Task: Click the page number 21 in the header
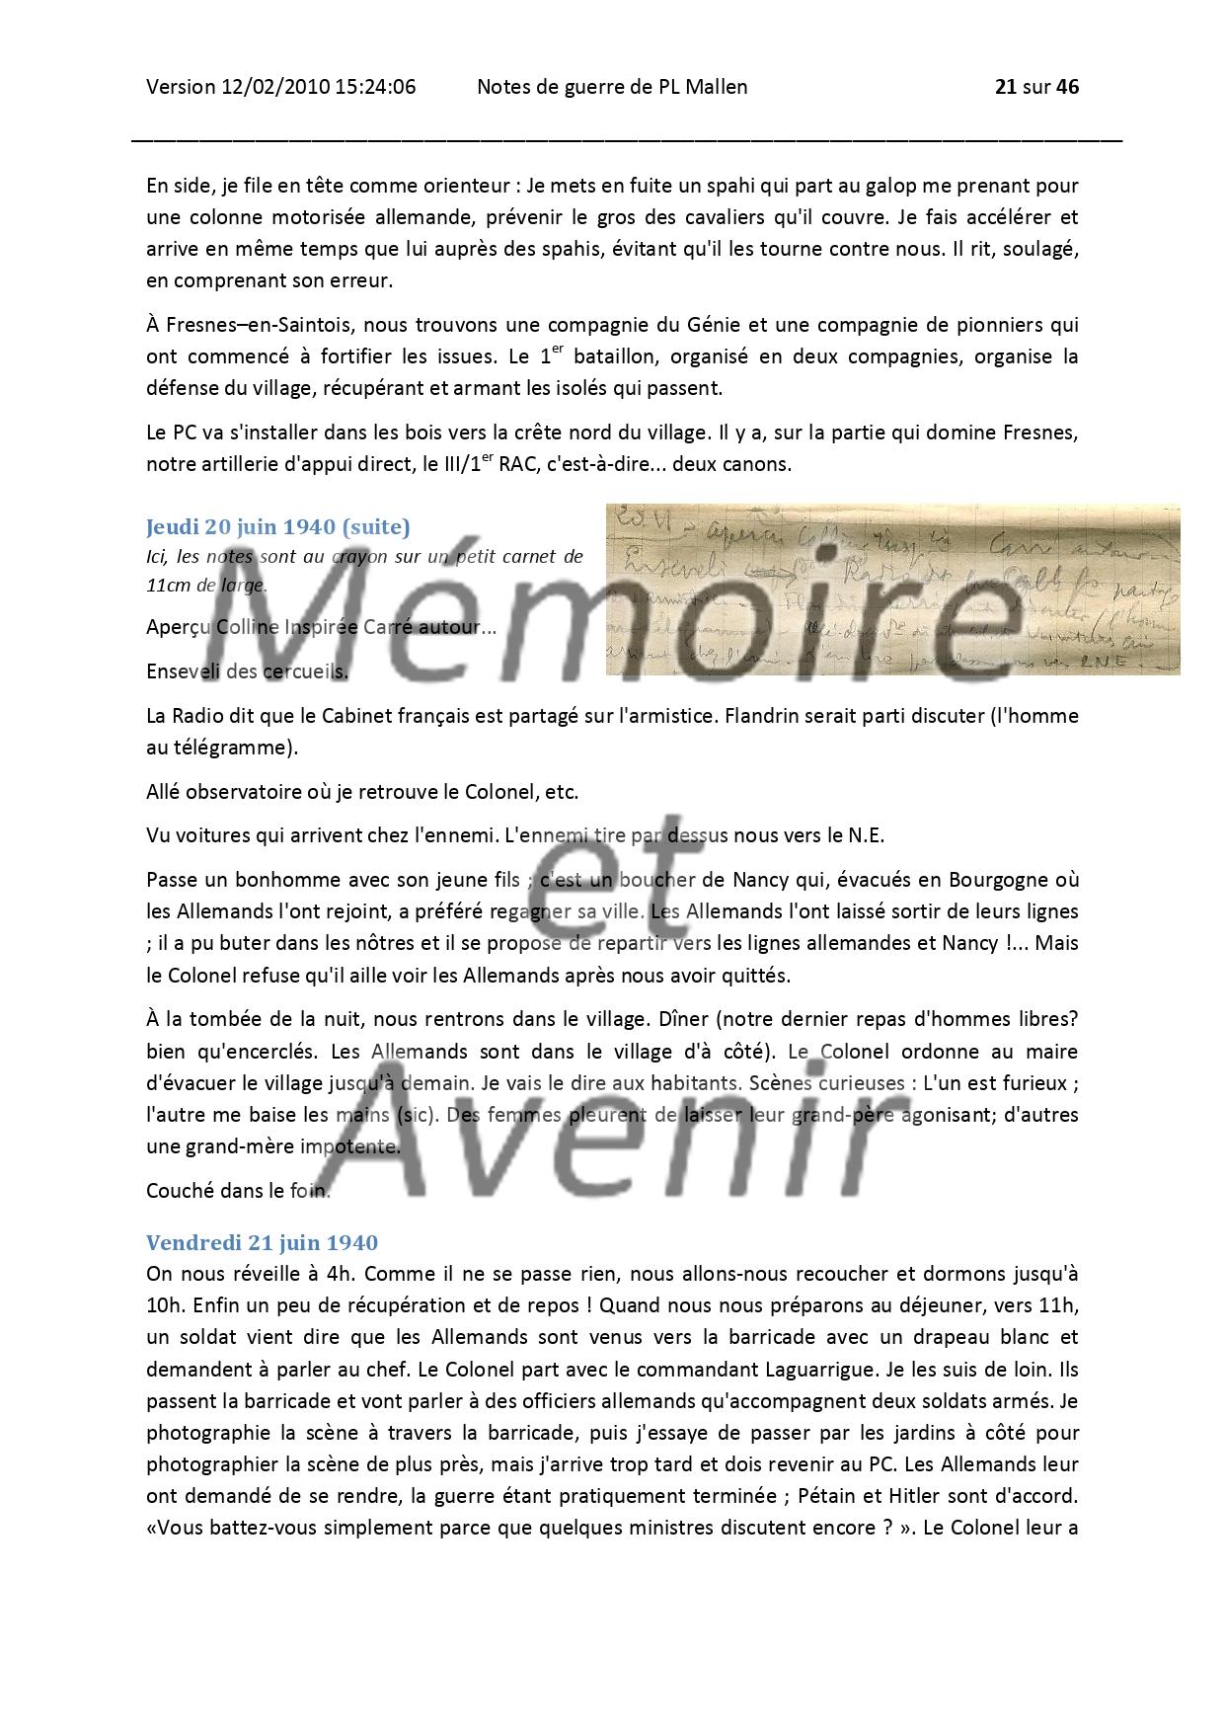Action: (x=1006, y=87)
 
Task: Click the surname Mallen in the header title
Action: (x=716, y=87)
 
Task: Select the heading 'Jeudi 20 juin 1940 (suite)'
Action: (x=277, y=526)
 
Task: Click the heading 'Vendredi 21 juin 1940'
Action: (x=262, y=1242)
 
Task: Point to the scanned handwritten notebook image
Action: (x=892, y=590)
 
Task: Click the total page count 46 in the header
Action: (x=1068, y=87)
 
